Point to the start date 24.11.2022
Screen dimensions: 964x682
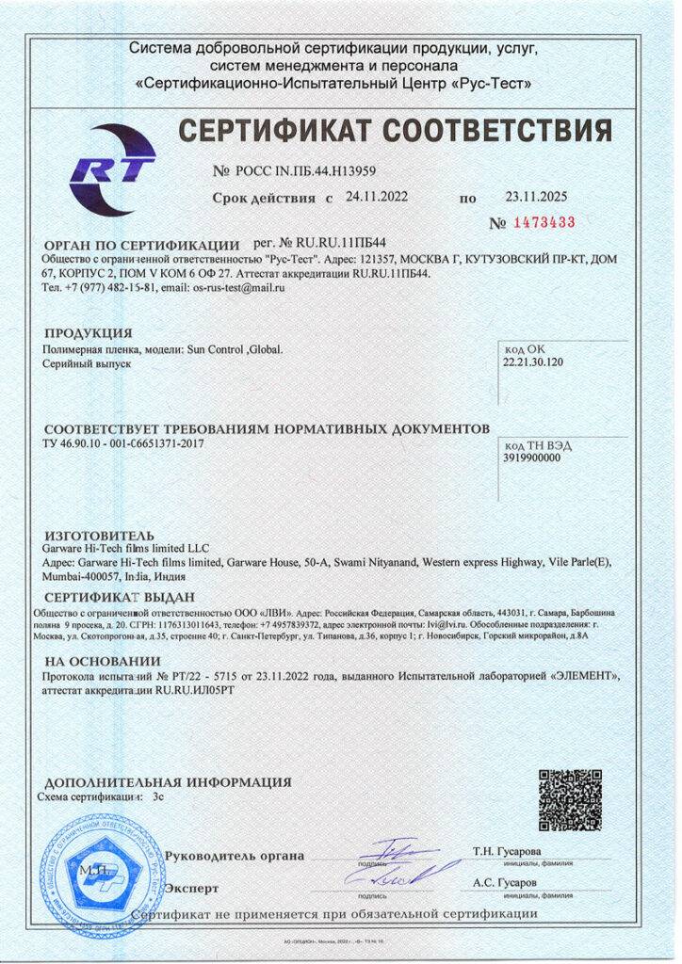coord(377,197)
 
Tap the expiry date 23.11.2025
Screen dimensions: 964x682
coord(537,198)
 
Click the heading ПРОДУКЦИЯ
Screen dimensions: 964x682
coord(89,333)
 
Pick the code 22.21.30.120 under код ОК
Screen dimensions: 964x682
coord(533,361)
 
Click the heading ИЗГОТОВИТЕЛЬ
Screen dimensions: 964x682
coord(92,533)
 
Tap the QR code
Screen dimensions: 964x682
coord(571,801)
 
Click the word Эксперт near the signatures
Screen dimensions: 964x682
coord(191,888)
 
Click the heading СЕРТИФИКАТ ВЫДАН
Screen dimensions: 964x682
coord(120,598)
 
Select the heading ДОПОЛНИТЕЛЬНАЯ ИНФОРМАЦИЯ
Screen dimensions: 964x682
coord(168,781)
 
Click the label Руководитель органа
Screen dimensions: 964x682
coord(235,856)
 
